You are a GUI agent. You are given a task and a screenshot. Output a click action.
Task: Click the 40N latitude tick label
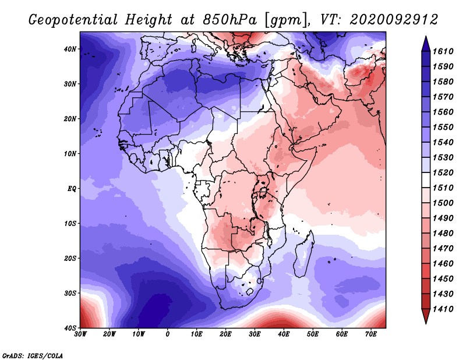(x=70, y=49)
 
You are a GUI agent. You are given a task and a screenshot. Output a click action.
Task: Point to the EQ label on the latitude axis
(x=72, y=189)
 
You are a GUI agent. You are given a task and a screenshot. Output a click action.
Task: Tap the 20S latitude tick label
(x=70, y=258)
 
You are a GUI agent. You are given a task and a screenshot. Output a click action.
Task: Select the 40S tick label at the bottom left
(x=70, y=328)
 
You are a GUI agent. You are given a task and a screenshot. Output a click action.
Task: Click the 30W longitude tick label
(x=80, y=334)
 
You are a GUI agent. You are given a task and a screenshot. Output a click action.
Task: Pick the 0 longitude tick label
(x=168, y=334)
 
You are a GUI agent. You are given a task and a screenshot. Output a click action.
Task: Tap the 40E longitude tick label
(x=284, y=334)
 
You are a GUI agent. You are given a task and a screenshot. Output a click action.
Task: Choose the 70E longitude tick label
(x=371, y=334)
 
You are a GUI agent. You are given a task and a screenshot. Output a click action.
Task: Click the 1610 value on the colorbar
(x=443, y=51)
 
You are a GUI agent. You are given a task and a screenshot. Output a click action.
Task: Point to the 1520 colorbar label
(x=443, y=172)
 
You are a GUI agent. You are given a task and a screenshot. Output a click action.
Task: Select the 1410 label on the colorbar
(x=443, y=309)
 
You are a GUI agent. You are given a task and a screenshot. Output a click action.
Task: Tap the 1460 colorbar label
(x=443, y=264)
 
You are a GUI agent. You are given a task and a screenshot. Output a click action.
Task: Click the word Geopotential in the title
(x=73, y=20)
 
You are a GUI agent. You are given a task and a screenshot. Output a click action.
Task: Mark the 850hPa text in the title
(x=230, y=20)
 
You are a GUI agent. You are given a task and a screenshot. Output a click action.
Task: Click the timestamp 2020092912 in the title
(x=394, y=20)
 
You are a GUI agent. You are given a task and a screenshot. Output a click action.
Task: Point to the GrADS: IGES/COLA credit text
(x=33, y=356)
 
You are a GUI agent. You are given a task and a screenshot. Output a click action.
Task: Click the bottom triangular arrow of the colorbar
(x=426, y=316)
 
